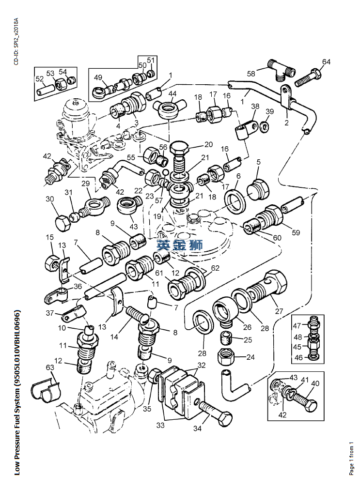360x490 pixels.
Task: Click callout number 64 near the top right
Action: (x=326, y=62)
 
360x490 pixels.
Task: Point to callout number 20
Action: (x=208, y=144)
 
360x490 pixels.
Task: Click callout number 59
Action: (x=296, y=232)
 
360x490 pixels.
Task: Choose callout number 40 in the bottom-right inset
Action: (x=315, y=383)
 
